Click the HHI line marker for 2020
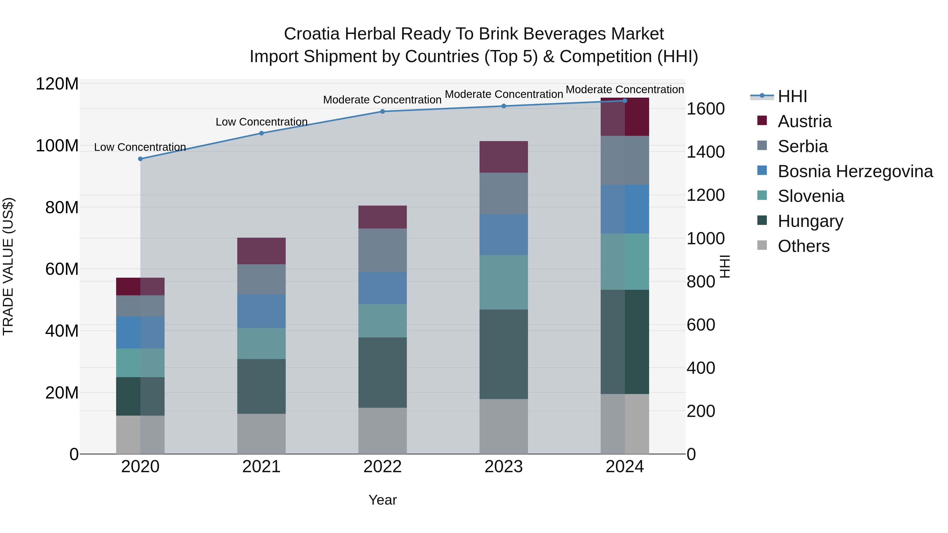coord(140,159)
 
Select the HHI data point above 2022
coord(382,111)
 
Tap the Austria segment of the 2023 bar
coord(503,157)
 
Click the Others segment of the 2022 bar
coord(382,430)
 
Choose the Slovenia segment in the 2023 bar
coord(503,282)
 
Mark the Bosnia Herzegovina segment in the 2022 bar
coord(382,288)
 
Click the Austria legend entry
coord(804,121)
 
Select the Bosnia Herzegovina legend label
coord(855,171)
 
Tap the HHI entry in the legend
coord(792,96)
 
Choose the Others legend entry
coord(803,246)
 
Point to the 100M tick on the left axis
coord(57,146)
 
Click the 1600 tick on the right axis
coord(705,109)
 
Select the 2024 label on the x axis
coord(625,467)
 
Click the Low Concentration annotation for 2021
coord(261,122)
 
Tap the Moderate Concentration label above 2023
coord(503,94)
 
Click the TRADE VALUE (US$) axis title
coord(8,266)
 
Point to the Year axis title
coord(382,500)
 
